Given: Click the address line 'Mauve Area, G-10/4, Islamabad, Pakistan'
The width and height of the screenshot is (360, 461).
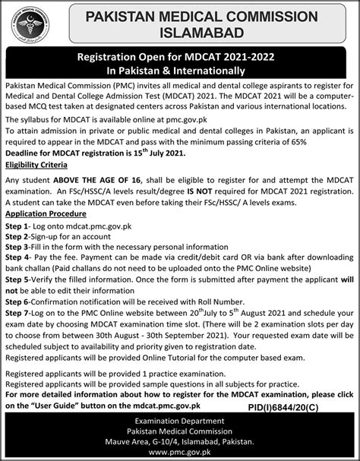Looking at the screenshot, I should pos(180,440).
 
